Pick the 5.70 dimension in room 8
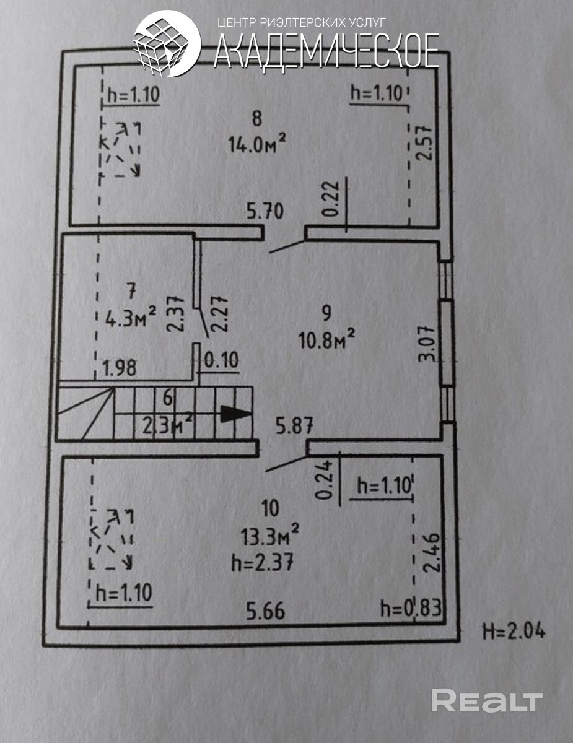pos(265,212)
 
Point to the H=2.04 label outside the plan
pos(514,632)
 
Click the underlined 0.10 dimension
pos(221,360)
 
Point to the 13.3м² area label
pos(271,534)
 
